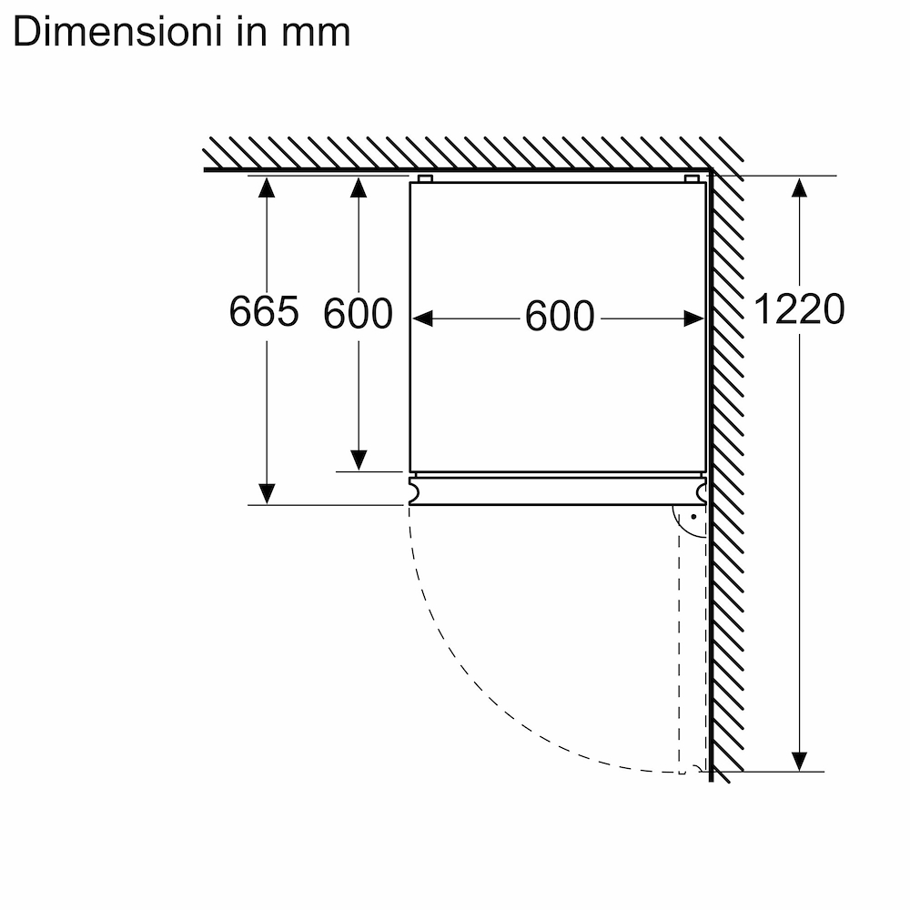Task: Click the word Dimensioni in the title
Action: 116,32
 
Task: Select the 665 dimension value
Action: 264,311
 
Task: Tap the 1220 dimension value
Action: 799,308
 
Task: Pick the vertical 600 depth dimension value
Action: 358,314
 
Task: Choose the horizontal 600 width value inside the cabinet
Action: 560,317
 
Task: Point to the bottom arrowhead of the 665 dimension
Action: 267,494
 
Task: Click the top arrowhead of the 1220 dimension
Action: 799,187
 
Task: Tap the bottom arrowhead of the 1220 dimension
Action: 799,761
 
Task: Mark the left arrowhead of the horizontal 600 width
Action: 422,318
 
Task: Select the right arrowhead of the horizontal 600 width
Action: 694,318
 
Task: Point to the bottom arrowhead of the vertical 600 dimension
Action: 359,460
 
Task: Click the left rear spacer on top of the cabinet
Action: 425,178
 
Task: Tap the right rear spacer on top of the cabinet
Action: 692,178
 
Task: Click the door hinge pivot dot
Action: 693,517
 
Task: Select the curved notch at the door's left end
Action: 414,491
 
